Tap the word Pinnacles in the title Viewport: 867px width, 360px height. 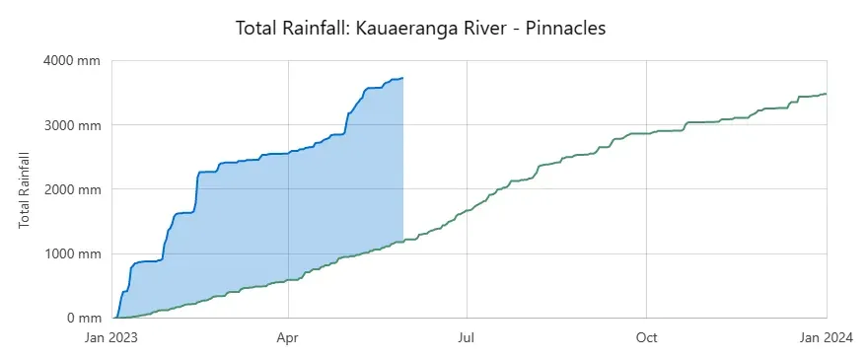(x=565, y=28)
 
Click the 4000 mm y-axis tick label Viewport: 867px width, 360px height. (x=72, y=60)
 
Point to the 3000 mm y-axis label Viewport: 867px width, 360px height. (x=72, y=125)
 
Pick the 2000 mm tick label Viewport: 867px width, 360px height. (x=72, y=189)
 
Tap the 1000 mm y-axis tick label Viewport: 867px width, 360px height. (x=72, y=253)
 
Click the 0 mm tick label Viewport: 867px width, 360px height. (x=84, y=318)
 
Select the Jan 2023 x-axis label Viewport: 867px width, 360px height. (x=111, y=337)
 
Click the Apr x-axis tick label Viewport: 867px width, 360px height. (x=288, y=337)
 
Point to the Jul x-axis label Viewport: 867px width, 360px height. (x=467, y=337)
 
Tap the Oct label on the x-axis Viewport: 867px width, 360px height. (x=646, y=337)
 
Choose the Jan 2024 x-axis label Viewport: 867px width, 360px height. (x=827, y=337)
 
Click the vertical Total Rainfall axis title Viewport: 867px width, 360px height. (x=24, y=189)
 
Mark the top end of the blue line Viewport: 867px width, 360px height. (x=402, y=78)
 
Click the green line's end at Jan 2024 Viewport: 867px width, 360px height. (x=827, y=94)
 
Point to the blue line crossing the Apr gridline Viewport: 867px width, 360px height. (x=288, y=153)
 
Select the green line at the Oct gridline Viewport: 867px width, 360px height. (x=646, y=133)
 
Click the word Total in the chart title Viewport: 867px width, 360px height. (x=254, y=28)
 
